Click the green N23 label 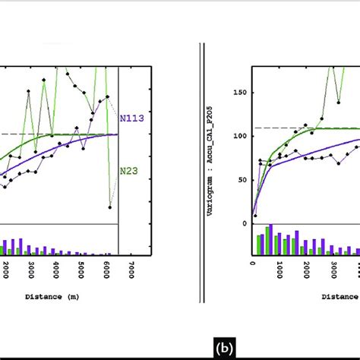[128, 171]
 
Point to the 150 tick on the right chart [240, 93]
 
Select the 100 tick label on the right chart [240, 136]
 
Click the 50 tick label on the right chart [242, 180]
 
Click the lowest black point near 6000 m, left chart [111, 207]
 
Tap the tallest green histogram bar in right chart [267, 239]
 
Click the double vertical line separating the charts [201, 152]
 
